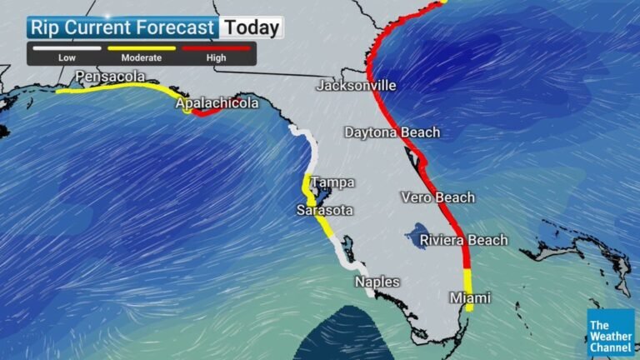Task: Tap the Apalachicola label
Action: [x=216, y=103]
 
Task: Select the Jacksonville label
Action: [x=356, y=86]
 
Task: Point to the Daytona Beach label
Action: [x=392, y=132]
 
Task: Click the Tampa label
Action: [x=332, y=182]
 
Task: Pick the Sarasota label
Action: [x=324, y=210]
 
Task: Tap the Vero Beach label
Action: [x=437, y=197]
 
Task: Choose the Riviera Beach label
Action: [x=463, y=240]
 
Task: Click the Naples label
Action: [x=377, y=282]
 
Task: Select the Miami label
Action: [x=470, y=297]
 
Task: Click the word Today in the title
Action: [x=252, y=27]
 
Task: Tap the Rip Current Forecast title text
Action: [x=122, y=27]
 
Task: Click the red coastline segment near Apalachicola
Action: [x=205, y=112]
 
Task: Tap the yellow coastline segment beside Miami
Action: [x=468, y=287]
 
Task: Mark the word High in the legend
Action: [x=216, y=58]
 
